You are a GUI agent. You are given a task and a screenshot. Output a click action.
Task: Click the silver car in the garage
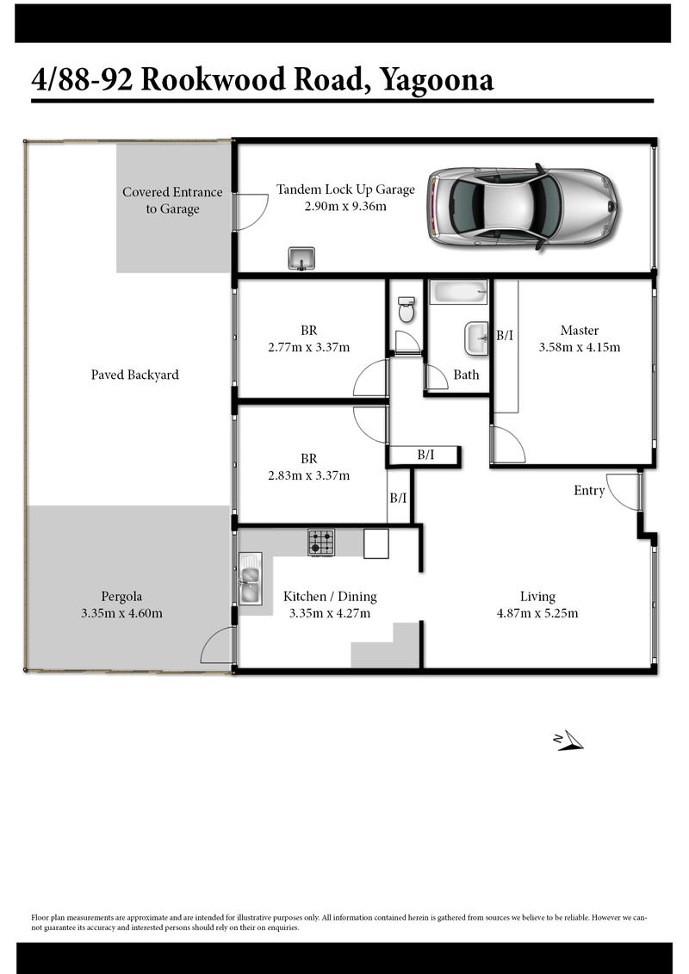coord(524,208)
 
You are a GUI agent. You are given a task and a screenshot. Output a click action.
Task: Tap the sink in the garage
coord(301,258)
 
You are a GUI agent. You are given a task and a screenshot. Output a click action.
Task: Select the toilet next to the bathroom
coord(407,308)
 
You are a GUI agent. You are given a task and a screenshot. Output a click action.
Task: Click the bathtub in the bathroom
coord(458,292)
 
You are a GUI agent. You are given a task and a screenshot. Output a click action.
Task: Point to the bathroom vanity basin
coord(476,338)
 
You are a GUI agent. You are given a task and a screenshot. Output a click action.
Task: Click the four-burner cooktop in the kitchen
coord(321,543)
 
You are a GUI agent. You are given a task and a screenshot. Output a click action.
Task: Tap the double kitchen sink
coord(251,579)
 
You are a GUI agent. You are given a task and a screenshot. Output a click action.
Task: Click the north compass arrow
coord(568,741)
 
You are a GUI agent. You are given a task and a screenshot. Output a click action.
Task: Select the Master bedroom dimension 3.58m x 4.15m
coord(579,347)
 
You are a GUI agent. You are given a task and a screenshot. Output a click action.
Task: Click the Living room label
coord(537,597)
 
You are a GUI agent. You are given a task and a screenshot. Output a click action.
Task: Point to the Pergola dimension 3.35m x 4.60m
coord(121,613)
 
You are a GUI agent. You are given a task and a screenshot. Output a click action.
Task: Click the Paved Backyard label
coord(135,375)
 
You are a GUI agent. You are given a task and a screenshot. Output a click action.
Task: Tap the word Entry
coord(589,491)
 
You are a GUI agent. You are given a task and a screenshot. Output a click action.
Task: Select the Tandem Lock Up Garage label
coord(345,189)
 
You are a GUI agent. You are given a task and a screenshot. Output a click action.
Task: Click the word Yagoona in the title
coord(437,80)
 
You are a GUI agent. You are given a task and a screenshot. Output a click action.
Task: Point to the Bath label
coord(466,375)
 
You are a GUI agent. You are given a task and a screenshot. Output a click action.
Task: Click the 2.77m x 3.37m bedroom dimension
coord(309,347)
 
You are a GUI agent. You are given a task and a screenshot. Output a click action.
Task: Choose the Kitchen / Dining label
coord(330,597)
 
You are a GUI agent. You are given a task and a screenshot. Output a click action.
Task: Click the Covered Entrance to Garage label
coord(172,200)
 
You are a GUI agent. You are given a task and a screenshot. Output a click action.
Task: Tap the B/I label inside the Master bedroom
coord(505,336)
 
